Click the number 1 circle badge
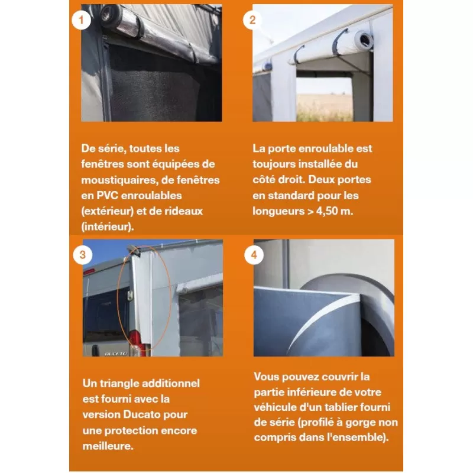click(80, 20)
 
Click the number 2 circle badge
click(252, 19)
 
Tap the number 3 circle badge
click(82, 255)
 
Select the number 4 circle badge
click(254, 255)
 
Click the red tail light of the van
click(135, 342)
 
